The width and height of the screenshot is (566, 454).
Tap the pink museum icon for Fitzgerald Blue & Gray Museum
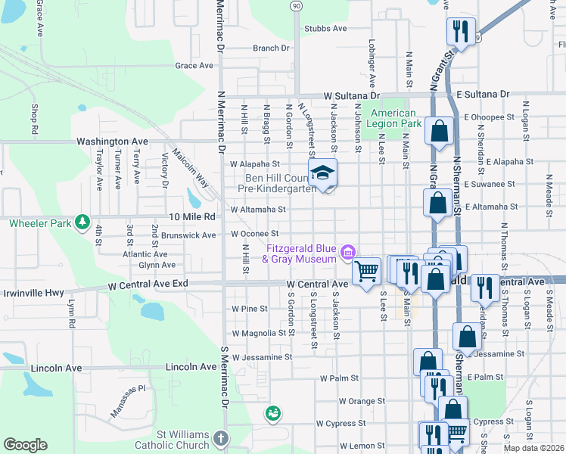coord(347,251)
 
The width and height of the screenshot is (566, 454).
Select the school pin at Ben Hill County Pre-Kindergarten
coord(322,173)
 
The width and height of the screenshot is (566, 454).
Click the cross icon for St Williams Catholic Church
coord(219,438)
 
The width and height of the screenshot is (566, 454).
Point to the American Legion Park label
coord(393,118)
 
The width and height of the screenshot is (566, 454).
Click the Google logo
coord(25,445)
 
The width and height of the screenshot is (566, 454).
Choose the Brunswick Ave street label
coord(189,235)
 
